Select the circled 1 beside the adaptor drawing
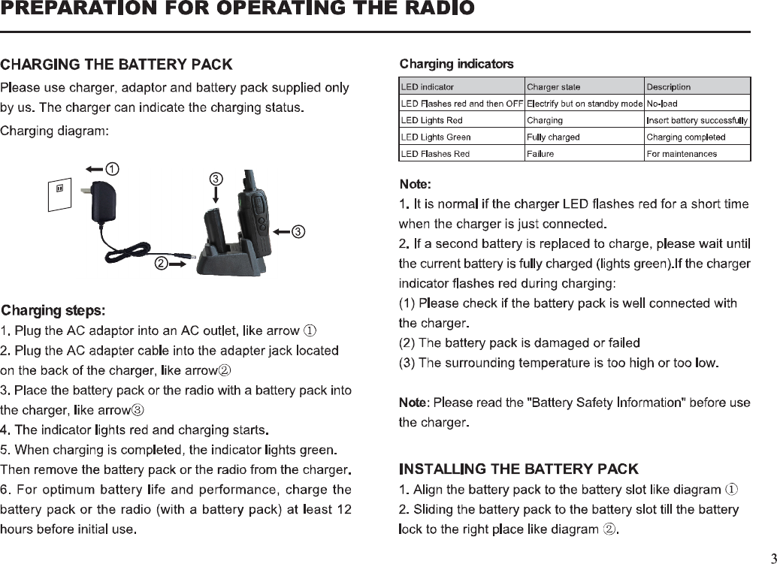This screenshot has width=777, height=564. (111, 168)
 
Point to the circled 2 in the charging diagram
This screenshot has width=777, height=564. (162, 264)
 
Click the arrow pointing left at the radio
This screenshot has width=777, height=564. (280, 231)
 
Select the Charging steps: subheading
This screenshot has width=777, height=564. (53, 310)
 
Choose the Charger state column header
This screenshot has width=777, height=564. (554, 86)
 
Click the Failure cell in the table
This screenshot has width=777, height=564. (540, 154)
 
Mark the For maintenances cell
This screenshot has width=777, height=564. (682, 154)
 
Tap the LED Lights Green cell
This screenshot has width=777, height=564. (437, 137)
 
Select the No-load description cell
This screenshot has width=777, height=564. (662, 104)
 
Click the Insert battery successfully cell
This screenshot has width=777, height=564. (697, 120)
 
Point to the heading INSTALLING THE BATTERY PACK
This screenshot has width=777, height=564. (519, 470)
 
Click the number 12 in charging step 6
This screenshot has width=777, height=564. (344, 510)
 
